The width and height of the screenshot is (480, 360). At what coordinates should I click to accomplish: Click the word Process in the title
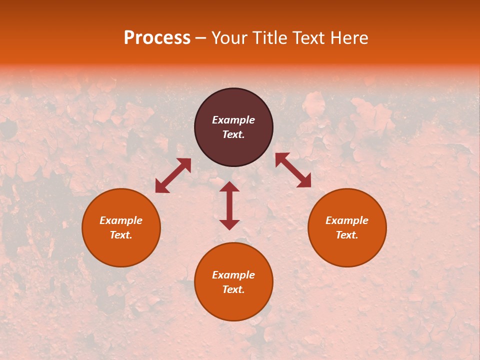point(157,38)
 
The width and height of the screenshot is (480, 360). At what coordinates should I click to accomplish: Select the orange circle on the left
point(121,250)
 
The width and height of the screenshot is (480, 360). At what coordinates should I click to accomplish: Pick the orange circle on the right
point(347,250)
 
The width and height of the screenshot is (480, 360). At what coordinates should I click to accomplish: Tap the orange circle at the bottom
point(233,305)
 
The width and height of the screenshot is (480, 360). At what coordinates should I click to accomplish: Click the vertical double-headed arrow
point(229,205)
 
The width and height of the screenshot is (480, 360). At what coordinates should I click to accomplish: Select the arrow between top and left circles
point(173,175)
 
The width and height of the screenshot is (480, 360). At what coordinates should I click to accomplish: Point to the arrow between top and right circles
point(293,170)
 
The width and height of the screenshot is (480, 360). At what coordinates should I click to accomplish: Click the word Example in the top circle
point(233,120)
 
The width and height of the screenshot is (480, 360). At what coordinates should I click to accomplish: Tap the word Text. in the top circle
point(233,134)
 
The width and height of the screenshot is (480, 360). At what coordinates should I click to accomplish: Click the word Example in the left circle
point(121,220)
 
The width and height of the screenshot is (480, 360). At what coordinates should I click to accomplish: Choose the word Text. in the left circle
point(121,235)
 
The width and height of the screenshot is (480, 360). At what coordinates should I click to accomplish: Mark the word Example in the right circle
point(347,220)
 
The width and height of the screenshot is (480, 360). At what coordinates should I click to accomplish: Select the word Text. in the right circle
point(347,235)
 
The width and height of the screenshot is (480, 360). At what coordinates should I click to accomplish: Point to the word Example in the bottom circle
point(233,275)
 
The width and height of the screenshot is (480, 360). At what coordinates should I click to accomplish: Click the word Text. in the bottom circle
point(233,289)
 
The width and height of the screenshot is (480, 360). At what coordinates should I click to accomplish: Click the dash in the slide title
point(201,38)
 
